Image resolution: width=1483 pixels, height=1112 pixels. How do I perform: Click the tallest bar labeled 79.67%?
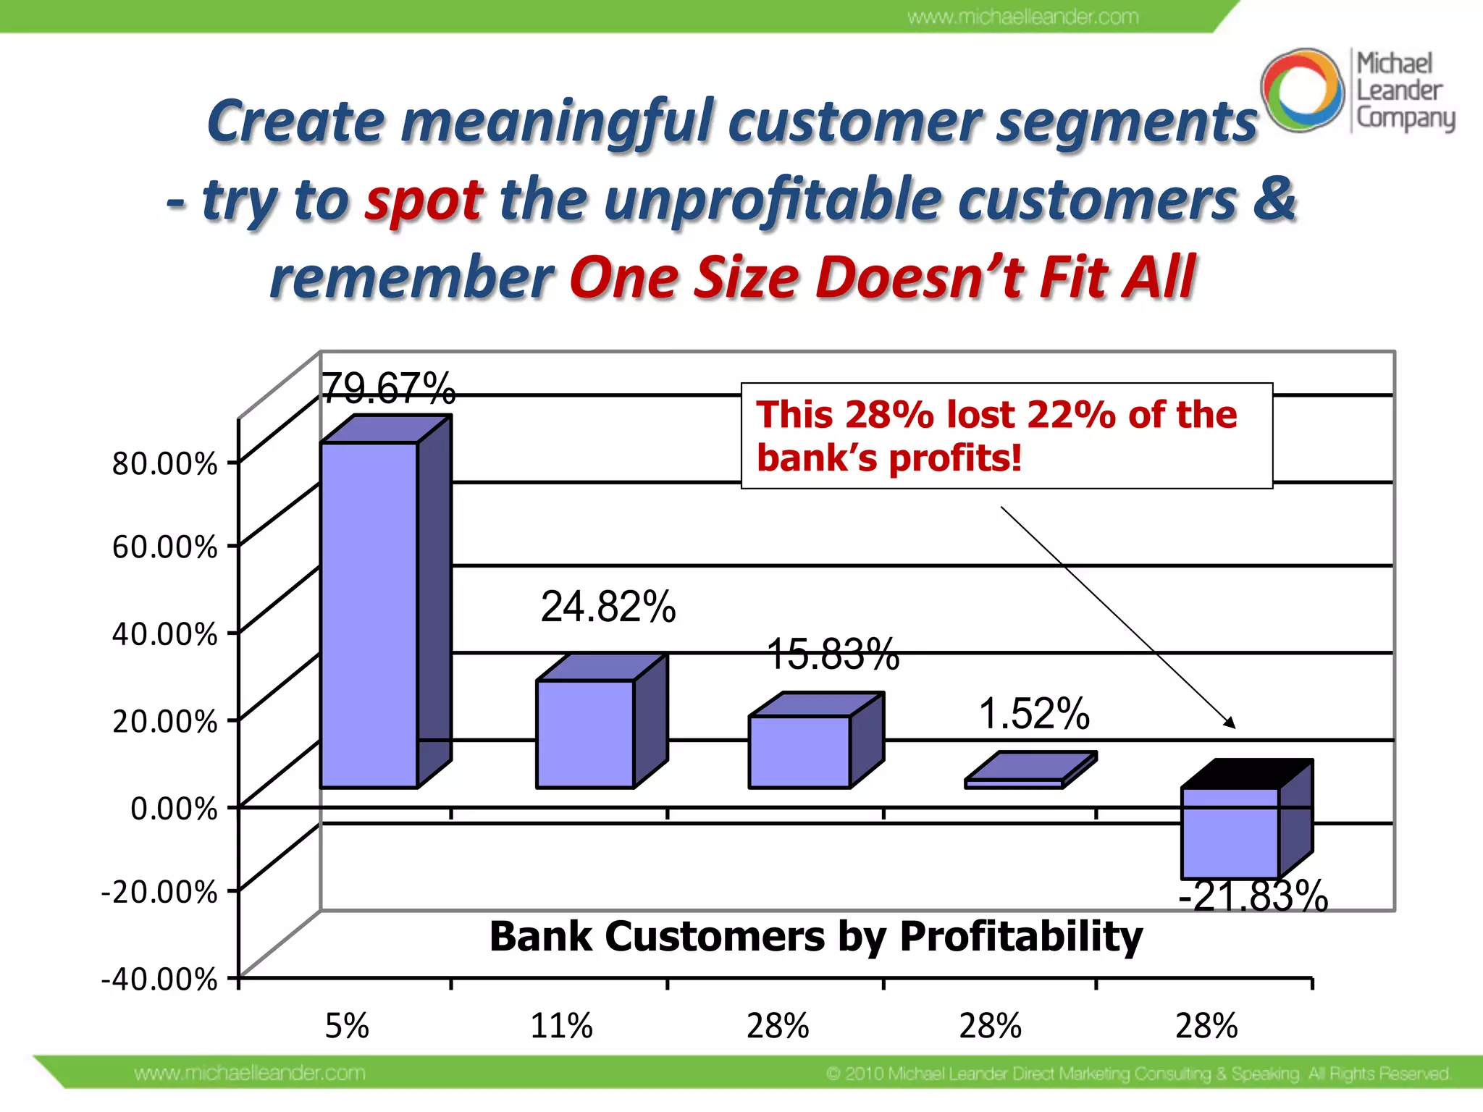[369, 615]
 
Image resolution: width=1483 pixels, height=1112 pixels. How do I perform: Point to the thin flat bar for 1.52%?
[1014, 783]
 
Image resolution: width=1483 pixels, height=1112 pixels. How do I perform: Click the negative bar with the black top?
[1231, 833]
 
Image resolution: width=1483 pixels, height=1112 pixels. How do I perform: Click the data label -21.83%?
[1253, 896]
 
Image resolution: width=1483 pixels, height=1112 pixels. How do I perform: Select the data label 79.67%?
[388, 389]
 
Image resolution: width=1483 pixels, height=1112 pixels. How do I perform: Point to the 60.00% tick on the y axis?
[164, 547]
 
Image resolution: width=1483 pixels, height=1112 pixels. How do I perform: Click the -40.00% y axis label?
[159, 979]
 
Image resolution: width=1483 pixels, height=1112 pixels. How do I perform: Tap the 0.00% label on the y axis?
[174, 809]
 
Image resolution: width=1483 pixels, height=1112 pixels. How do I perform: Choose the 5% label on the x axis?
[347, 1026]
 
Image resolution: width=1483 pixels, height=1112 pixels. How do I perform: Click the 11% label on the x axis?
[561, 1026]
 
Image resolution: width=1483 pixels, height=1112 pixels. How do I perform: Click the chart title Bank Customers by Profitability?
[815, 936]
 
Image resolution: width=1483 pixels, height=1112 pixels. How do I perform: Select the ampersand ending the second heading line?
[1274, 198]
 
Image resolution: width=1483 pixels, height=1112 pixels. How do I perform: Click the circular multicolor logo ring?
[1302, 90]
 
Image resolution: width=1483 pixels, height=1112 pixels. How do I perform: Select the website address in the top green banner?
[1022, 17]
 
